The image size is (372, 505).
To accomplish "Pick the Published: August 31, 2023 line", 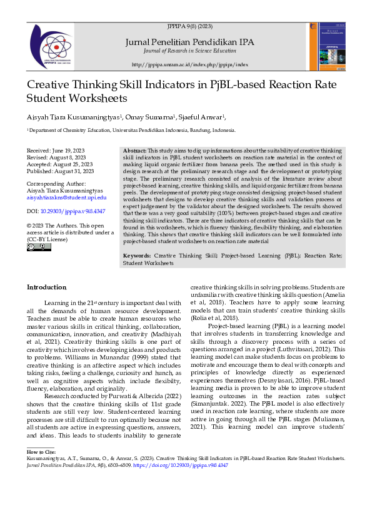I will (x=60, y=171).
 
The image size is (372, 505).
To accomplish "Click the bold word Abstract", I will (x=134, y=152).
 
